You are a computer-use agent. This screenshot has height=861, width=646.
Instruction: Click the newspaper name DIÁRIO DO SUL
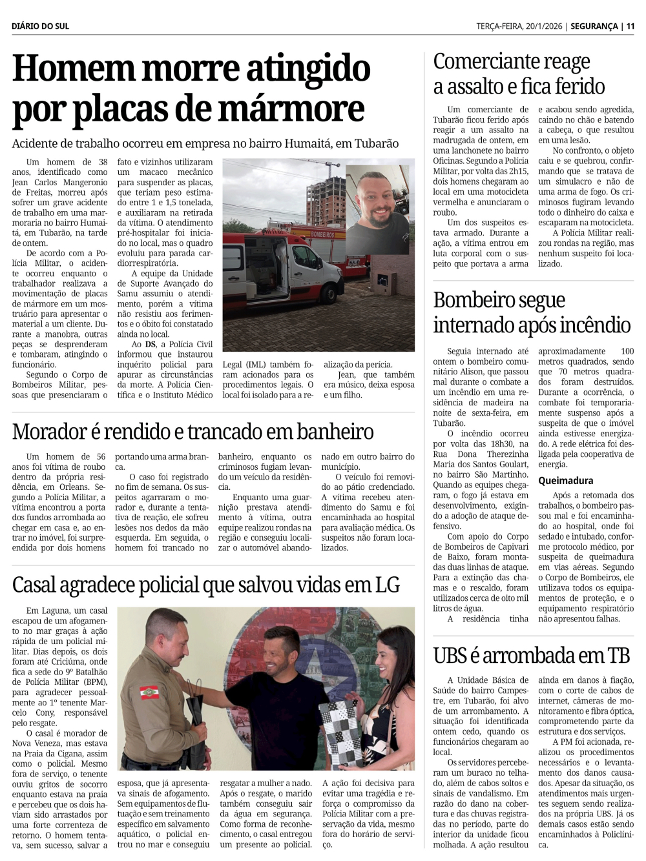click(40, 26)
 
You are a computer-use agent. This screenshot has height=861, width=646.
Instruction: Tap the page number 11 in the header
click(630, 26)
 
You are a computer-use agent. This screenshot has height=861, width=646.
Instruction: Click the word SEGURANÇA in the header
click(594, 26)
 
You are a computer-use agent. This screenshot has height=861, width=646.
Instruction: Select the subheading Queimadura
click(565, 480)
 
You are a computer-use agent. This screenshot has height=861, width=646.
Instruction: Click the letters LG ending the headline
click(387, 585)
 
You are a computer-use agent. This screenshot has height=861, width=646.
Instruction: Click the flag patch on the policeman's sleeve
click(149, 693)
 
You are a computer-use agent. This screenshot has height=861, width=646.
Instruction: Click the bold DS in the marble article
click(150, 344)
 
